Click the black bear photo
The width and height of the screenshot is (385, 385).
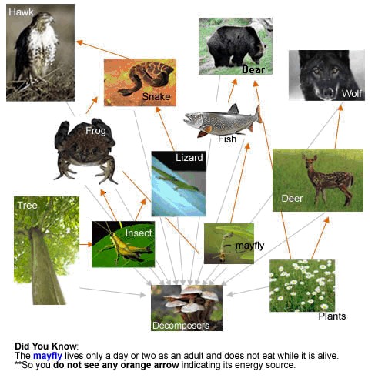pos(235,46)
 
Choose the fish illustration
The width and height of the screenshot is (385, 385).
pos(223,121)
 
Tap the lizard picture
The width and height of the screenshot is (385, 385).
pos(178,183)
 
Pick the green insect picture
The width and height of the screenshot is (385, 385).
pos(122,244)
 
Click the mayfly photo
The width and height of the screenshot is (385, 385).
pos(228,243)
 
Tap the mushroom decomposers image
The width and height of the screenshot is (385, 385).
pos(186,306)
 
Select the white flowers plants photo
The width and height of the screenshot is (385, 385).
pos(302,285)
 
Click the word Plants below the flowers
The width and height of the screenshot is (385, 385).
pos(332,316)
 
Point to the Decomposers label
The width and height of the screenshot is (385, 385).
pos(180,326)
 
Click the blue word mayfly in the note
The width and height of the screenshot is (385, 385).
pos(52,357)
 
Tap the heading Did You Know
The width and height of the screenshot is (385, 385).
pos(46,346)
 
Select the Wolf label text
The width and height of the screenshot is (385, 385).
pos(351,94)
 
